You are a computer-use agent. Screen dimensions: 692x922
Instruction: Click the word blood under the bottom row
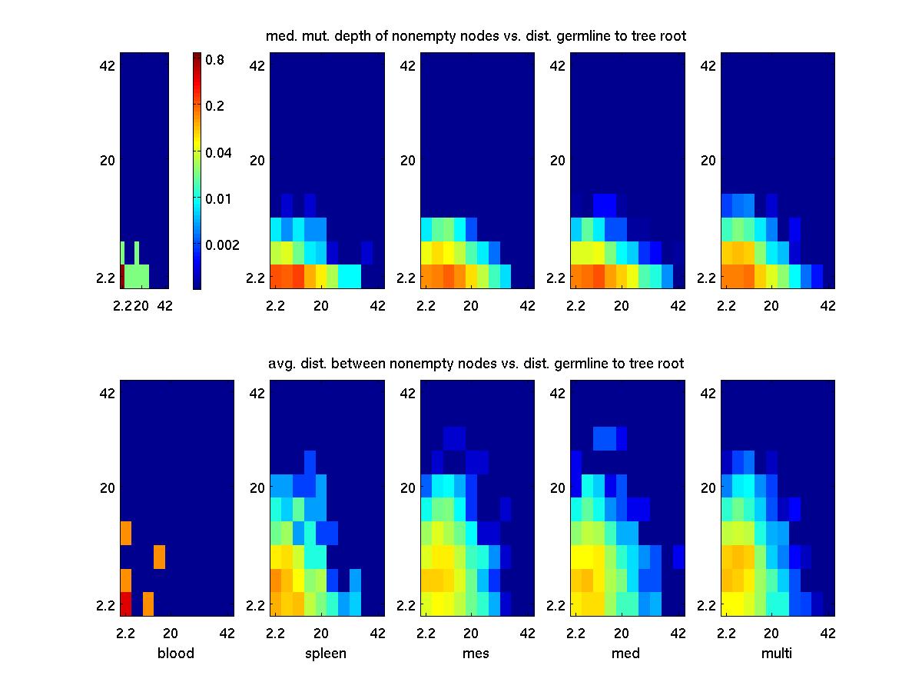point(175,654)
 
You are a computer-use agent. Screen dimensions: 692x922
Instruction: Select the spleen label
point(326,654)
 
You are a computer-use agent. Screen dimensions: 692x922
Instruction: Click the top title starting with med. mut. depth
point(476,35)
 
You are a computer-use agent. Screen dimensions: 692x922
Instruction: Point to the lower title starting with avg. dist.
point(476,363)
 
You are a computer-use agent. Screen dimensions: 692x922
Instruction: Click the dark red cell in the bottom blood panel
point(126,604)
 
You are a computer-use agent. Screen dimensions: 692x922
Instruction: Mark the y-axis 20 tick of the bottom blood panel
point(107,487)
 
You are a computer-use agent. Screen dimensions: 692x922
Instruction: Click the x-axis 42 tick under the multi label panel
point(828,634)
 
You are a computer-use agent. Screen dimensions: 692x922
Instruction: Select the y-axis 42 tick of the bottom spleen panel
point(257,392)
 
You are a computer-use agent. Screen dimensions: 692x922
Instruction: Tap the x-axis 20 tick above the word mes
point(471,634)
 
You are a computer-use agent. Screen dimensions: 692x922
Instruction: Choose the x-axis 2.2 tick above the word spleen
point(276,634)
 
